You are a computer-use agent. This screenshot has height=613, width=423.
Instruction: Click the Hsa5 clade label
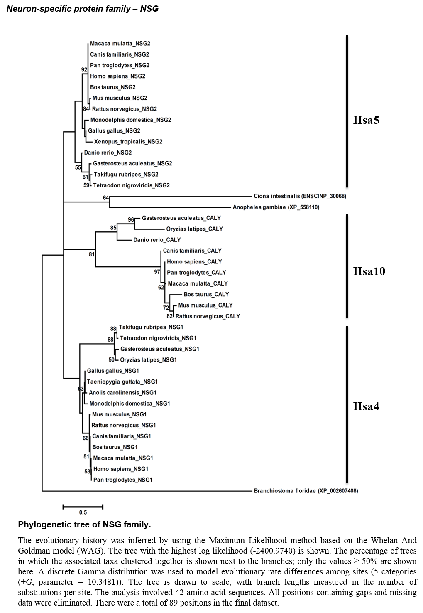366,120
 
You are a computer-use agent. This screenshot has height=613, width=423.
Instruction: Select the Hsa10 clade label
369,271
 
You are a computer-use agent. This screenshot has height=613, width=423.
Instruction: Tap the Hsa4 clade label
366,406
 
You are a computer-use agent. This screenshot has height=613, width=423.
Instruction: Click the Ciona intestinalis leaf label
300,196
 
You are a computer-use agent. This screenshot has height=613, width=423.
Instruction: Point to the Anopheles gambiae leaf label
276,207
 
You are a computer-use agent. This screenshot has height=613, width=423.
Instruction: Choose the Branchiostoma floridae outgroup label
306,491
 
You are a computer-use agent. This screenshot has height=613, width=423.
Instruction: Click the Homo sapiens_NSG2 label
117,76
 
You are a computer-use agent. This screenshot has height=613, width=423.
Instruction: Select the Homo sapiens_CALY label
194,262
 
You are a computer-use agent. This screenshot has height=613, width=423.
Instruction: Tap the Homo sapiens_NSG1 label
120,469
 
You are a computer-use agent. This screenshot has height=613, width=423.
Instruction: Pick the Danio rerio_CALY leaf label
157,240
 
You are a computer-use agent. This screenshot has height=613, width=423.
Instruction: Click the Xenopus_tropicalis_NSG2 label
128,142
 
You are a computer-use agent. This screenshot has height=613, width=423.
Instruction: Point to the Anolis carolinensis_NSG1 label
122,393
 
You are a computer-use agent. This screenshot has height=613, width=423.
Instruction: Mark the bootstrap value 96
131,220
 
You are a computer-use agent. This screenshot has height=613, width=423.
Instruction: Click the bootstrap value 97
157,272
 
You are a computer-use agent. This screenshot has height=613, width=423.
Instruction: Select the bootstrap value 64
106,198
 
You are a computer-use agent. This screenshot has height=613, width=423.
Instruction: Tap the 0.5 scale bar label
83,512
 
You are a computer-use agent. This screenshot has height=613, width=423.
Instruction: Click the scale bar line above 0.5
83,507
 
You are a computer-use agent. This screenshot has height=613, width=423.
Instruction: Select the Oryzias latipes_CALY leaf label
194,229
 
